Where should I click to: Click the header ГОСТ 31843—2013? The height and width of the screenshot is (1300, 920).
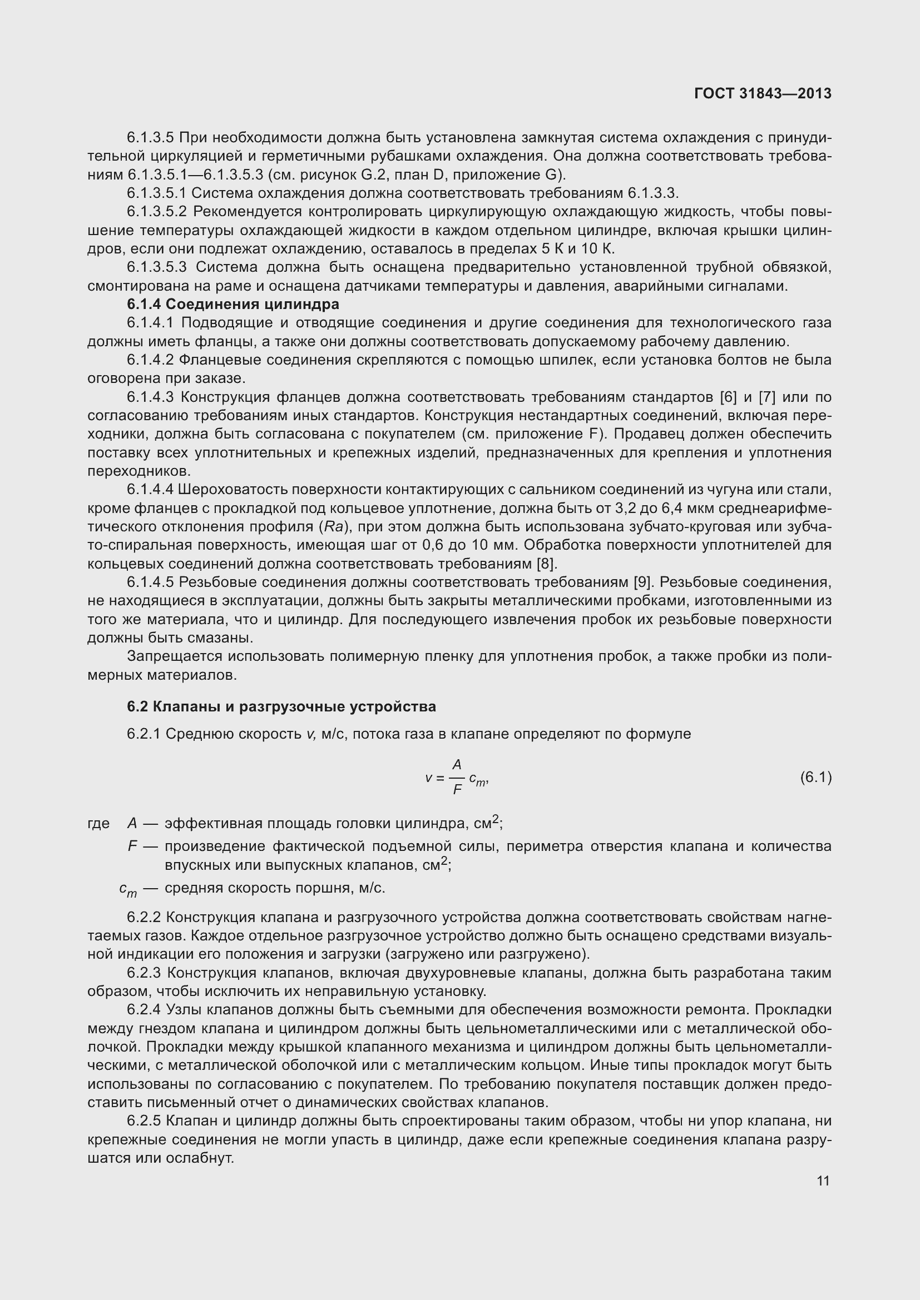(763, 93)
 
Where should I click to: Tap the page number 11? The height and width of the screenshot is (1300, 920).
(823, 1181)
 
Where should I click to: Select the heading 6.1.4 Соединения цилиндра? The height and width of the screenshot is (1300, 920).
(233, 304)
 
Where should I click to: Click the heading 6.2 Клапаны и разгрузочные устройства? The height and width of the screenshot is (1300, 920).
(281, 706)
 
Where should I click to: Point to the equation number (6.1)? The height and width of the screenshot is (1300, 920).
(816, 778)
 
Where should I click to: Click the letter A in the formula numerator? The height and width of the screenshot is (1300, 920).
(457, 765)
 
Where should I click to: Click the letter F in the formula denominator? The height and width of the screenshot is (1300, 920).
(457, 790)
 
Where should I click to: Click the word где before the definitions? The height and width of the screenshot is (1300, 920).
(98, 823)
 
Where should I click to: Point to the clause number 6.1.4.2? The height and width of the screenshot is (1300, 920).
(150, 360)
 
